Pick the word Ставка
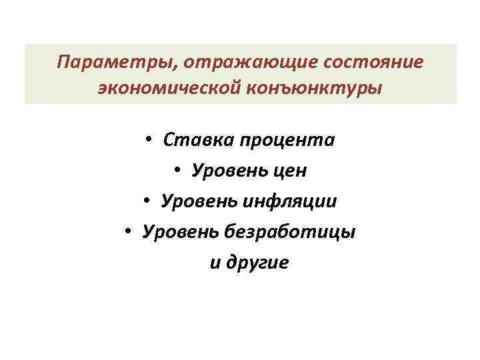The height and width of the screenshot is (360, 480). (x=196, y=141)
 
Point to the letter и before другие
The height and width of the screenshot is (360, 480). (x=215, y=263)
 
